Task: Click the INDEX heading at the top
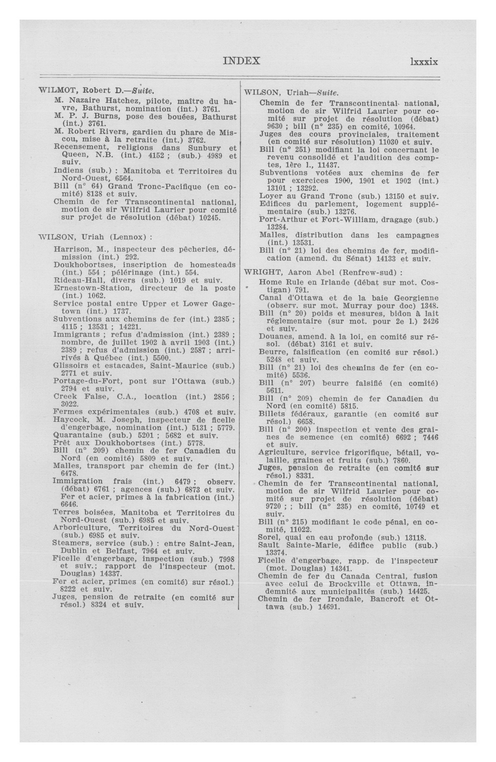pos(241,61)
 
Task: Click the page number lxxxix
pos(424,62)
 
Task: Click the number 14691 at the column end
pos(328,607)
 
